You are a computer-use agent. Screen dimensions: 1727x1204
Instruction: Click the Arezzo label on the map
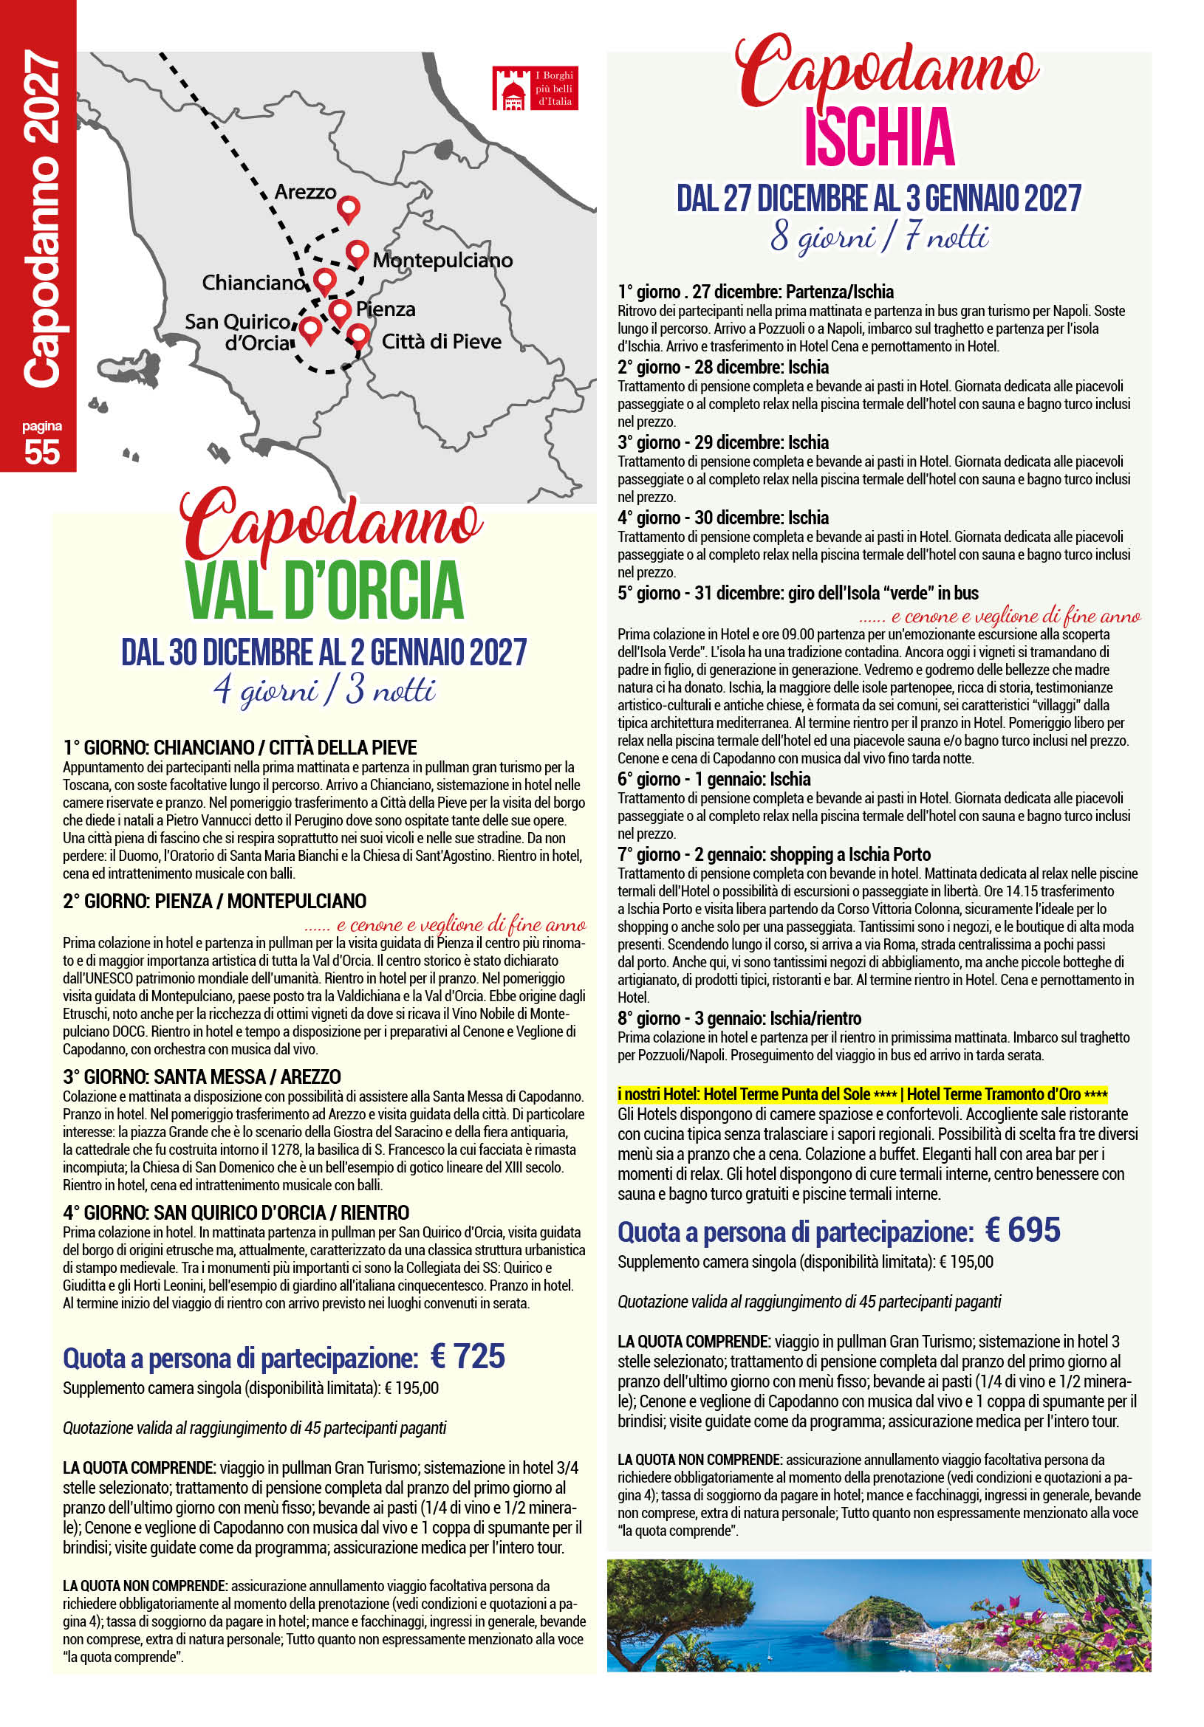point(305,192)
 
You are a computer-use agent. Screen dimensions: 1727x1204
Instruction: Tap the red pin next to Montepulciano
point(357,254)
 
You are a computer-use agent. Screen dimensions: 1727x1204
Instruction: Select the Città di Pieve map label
point(441,342)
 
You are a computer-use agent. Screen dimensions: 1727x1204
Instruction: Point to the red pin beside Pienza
point(340,311)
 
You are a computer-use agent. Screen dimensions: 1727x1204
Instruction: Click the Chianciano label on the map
point(253,283)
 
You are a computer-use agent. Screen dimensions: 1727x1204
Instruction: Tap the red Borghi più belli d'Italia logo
point(535,89)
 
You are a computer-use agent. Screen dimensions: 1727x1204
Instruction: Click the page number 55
point(42,451)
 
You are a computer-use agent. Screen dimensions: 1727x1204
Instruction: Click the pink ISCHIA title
point(879,137)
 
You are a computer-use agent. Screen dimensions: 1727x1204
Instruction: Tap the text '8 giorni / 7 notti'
point(878,238)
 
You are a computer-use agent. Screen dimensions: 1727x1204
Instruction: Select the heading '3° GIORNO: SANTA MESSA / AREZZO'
point(202,1077)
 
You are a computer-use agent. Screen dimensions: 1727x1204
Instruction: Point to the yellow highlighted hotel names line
point(862,1093)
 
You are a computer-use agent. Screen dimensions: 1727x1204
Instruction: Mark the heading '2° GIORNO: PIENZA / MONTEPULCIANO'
point(214,901)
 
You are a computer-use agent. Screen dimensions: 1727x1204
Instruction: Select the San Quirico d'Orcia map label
point(238,332)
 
